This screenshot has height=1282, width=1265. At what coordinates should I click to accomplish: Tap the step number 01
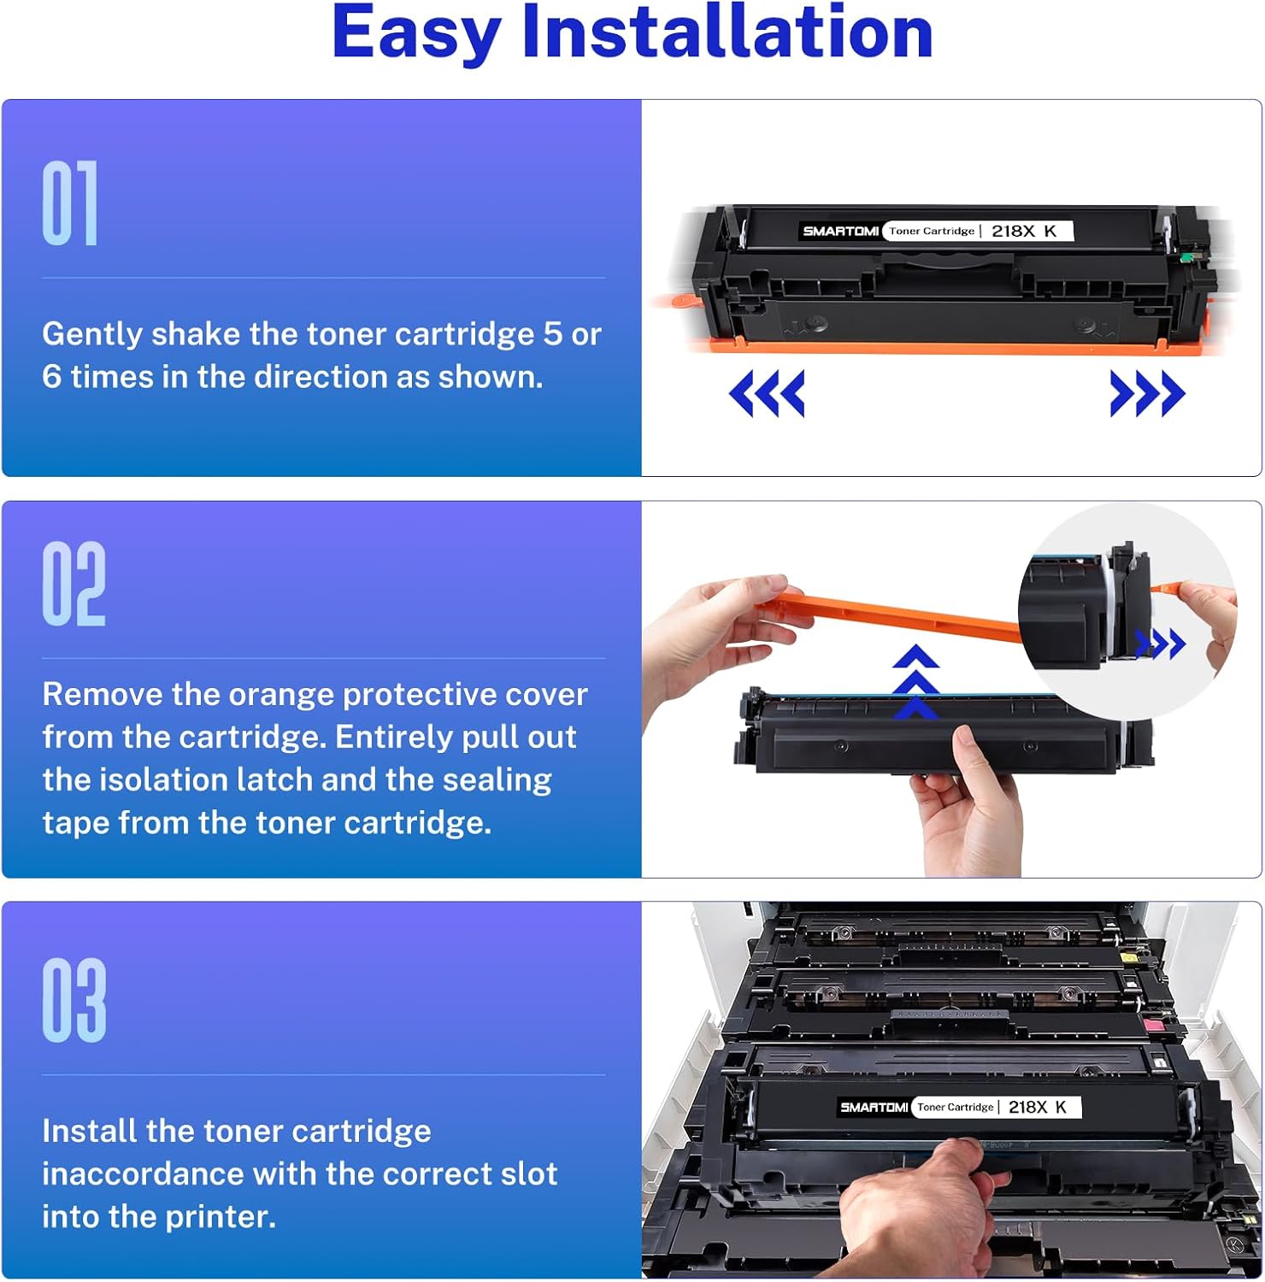click(70, 203)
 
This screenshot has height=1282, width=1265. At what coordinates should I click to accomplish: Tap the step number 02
click(74, 584)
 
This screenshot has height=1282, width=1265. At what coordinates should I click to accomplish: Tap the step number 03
click(74, 1000)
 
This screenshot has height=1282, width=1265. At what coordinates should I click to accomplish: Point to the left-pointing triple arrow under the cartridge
click(767, 393)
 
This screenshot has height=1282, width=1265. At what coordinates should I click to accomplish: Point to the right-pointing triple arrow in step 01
click(1147, 393)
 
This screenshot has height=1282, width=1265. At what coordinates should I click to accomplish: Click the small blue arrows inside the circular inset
click(1161, 644)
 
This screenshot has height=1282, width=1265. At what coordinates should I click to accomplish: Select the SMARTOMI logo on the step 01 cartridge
click(840, 231)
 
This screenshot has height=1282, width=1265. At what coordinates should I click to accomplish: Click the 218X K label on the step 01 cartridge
click(1024, 231)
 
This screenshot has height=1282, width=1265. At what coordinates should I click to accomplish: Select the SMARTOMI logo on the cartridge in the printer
click(874, 1107)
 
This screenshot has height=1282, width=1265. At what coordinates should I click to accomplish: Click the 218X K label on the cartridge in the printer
click(1038, 1107)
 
